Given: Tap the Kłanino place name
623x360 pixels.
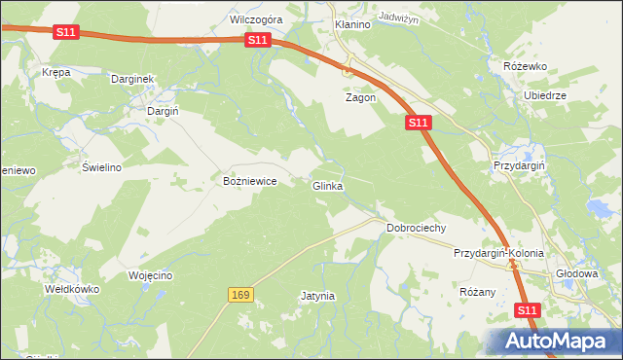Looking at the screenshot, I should pyautogui.click(x=352, y=24).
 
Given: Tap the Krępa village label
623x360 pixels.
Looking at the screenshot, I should pyautogui.click(x=56, y=72).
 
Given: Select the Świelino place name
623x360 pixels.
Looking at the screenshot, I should pyautogui.click(x=101, y=166).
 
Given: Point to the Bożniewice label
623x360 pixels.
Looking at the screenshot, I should pyautogui.click(x=251, y=181).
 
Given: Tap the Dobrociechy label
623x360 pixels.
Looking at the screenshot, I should pyautogui.click(x=416, y=228).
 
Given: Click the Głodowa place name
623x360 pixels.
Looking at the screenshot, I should pyautogui.click(x=575, y=273).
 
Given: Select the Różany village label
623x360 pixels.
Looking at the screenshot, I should pyautogui.click(x=477, y=291).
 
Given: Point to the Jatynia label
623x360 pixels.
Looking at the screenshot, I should pyautogui.click(x=317, y=295).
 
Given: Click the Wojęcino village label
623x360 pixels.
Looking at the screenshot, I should pyautogui.click(x=150, y=275).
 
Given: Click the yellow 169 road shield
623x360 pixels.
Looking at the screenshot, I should pyautogui.click(x=241, y=294).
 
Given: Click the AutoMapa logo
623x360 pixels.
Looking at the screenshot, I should pyautogui.click(x=555, y=342).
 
